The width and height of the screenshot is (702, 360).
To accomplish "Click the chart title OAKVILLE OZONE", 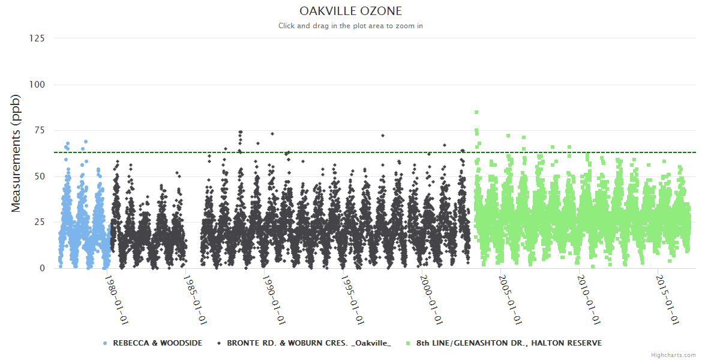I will tap(350, 11).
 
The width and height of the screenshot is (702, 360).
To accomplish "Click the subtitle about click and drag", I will tap(350, 26).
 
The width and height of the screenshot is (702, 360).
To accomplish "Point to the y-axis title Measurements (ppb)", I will tap(16, 153).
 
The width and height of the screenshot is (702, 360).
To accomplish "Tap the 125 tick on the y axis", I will tap(37, 38).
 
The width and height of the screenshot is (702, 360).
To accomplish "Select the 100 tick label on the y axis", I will tap(37, 85).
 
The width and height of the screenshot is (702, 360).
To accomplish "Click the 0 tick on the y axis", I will tap(42, 268).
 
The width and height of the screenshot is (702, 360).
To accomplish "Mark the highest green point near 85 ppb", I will tap(476, 112).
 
